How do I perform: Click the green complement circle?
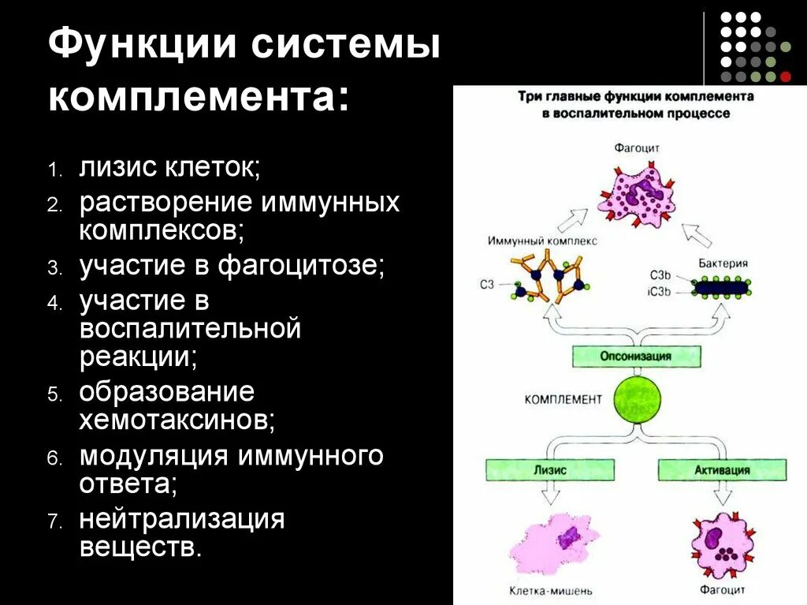point(635,398)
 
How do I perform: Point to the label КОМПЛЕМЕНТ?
point(563,399)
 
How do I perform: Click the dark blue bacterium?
point(720,289)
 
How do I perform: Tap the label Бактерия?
point(723,263)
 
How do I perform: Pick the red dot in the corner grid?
point(785,77)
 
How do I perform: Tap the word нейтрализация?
point(181,520)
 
